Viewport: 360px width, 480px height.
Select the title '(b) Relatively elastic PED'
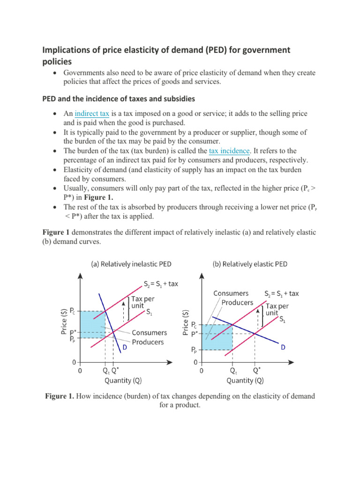249,264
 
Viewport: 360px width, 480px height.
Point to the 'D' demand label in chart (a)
125,347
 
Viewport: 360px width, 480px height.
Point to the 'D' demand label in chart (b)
284,348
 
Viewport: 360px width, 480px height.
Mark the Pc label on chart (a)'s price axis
72,310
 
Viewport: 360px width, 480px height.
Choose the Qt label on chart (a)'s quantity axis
106,370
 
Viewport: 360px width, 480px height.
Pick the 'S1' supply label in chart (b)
283,320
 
